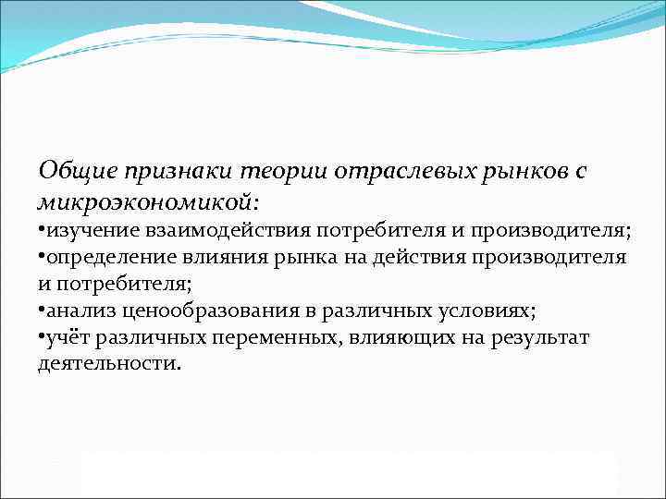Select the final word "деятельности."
pos(110,364)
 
